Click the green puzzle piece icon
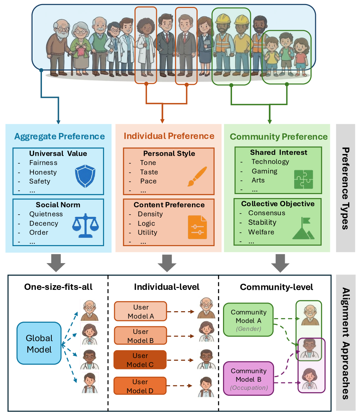[x=304, y=179]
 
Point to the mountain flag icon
[x=303, y=228]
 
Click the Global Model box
[x=39, y=343]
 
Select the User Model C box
[x=140, y=360]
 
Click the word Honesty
[x=43, y=172]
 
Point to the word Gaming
[x=264, y=171]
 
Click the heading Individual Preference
[x=169, y=136]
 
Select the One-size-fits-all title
[x=58, y=287]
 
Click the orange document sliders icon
[x=197, y=227]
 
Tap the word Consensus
[x=267, y=213]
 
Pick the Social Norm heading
[x=58, y=205]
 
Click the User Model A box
[x=140, y=312]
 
